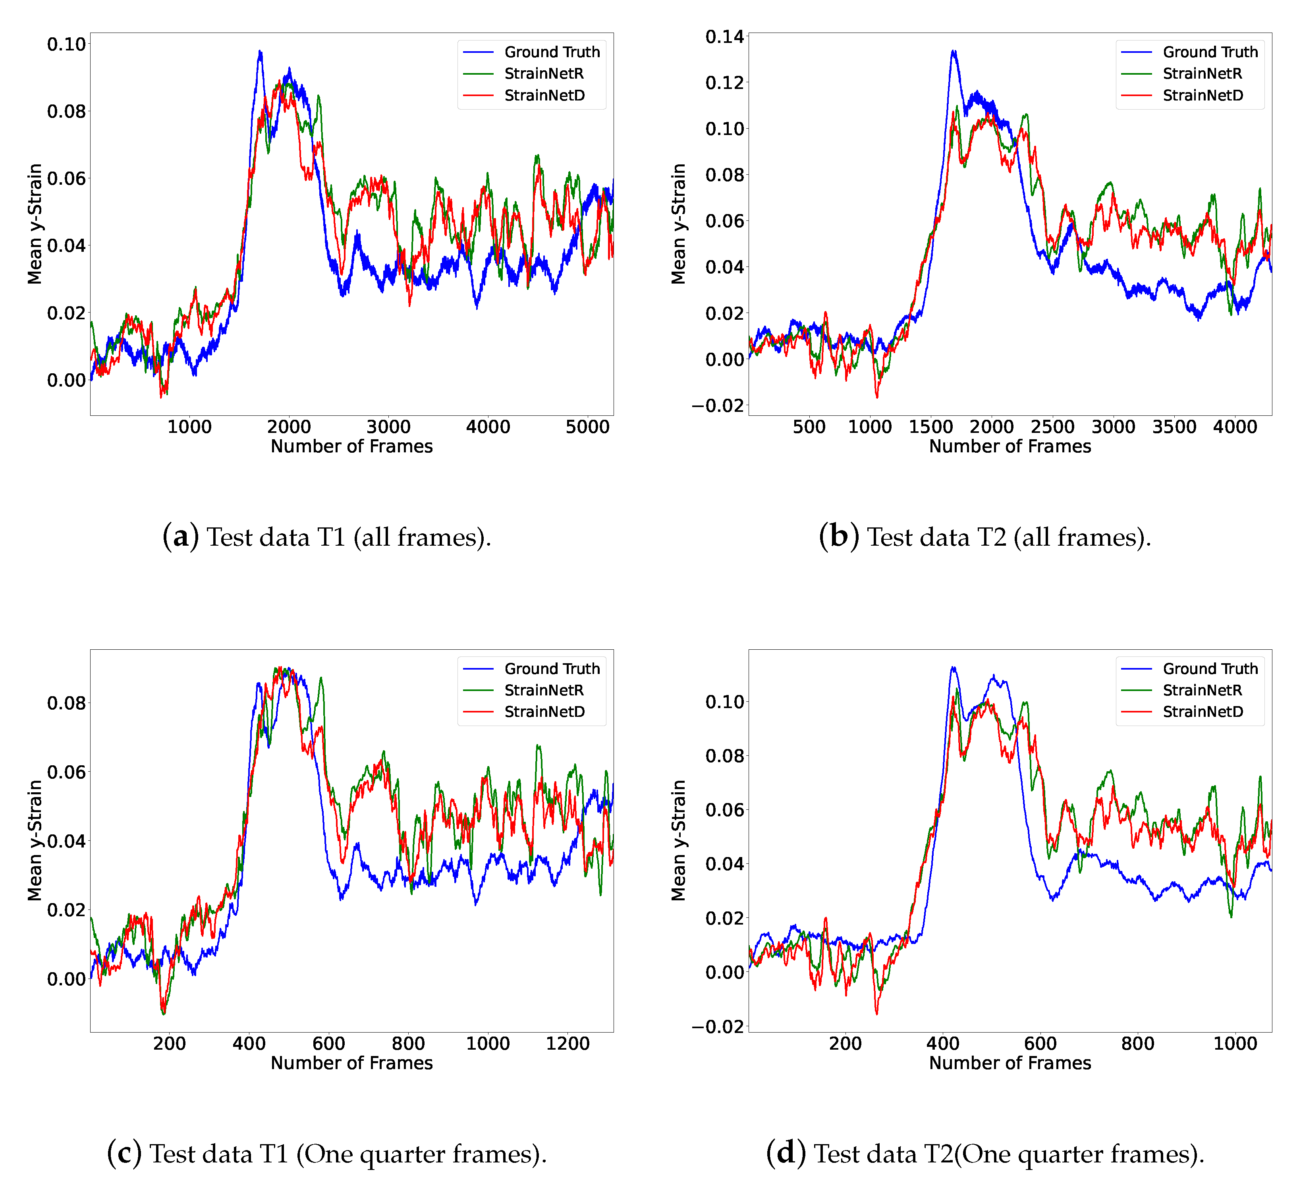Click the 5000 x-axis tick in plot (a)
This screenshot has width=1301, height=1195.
[x=587, y=427]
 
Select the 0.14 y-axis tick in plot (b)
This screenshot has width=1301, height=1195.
[x=724, y=37]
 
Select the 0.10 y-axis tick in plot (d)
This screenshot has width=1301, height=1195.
[x=724, y=702]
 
